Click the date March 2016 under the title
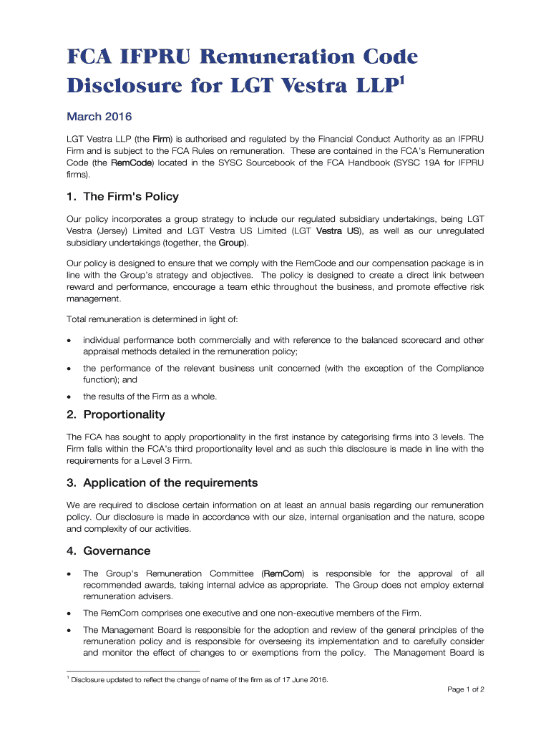(99, 117)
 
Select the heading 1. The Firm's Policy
(122, 196)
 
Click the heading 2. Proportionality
(115, 414)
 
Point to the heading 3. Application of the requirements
(162, 482)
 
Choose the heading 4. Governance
(108, 550)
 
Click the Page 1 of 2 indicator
(466, 690)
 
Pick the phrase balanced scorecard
(401, 340)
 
